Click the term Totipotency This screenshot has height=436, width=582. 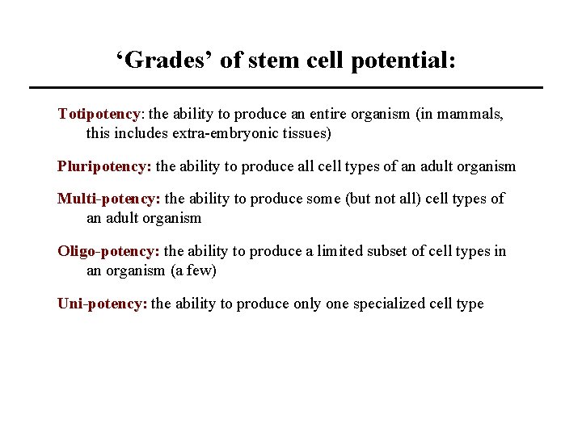(x=99, y=114)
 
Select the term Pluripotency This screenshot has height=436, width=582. (x=103, y=166)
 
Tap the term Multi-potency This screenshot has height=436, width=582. (x=108, y=199)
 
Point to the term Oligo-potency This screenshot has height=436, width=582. (x=108, y=251)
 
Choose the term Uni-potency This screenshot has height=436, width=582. (x=102, y=304)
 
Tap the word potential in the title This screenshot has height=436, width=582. (x=403, y=61)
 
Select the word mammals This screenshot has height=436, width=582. (x=471, y=114)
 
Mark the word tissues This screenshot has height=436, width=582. (x=303, y=133)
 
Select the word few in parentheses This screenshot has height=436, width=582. (x=198, y=270)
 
